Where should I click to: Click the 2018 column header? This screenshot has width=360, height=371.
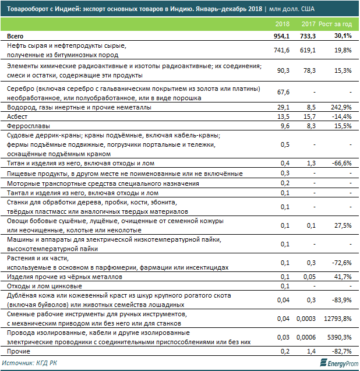[x=282, y=24]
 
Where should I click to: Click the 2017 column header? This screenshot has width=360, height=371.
[x=308, y=24]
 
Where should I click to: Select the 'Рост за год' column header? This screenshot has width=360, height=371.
[x=336, y=24]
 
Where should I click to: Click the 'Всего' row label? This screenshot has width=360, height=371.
[x=15, y=36]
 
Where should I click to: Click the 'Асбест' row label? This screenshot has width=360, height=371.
[x=17, y=116]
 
